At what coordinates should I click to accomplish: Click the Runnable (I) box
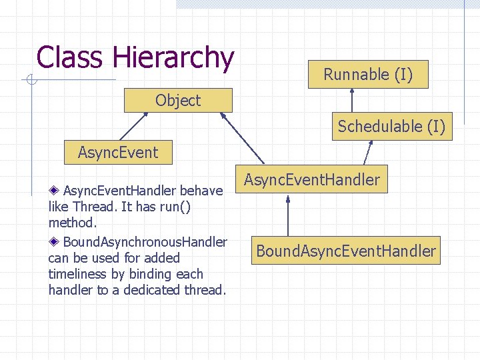[x=368, y=75]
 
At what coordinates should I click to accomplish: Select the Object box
[x=178, y=101]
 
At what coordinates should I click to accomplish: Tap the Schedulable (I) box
[x=391, y=126]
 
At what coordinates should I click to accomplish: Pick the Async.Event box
[x=118, y=152]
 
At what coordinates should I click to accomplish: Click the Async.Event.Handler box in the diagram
[x=311, y=179]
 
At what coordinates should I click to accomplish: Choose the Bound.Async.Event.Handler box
[x=346, y=251]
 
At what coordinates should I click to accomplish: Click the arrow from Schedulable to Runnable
[x=352, y=101]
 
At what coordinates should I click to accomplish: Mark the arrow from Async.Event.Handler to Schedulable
[x=367, y=153]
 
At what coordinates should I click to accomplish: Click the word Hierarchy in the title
[x=173, y=58]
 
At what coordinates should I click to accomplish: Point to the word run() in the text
[x=173, y=207]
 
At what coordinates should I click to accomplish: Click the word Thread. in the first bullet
[x=93, y=207]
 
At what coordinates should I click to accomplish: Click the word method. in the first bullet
[x=73, y=223]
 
